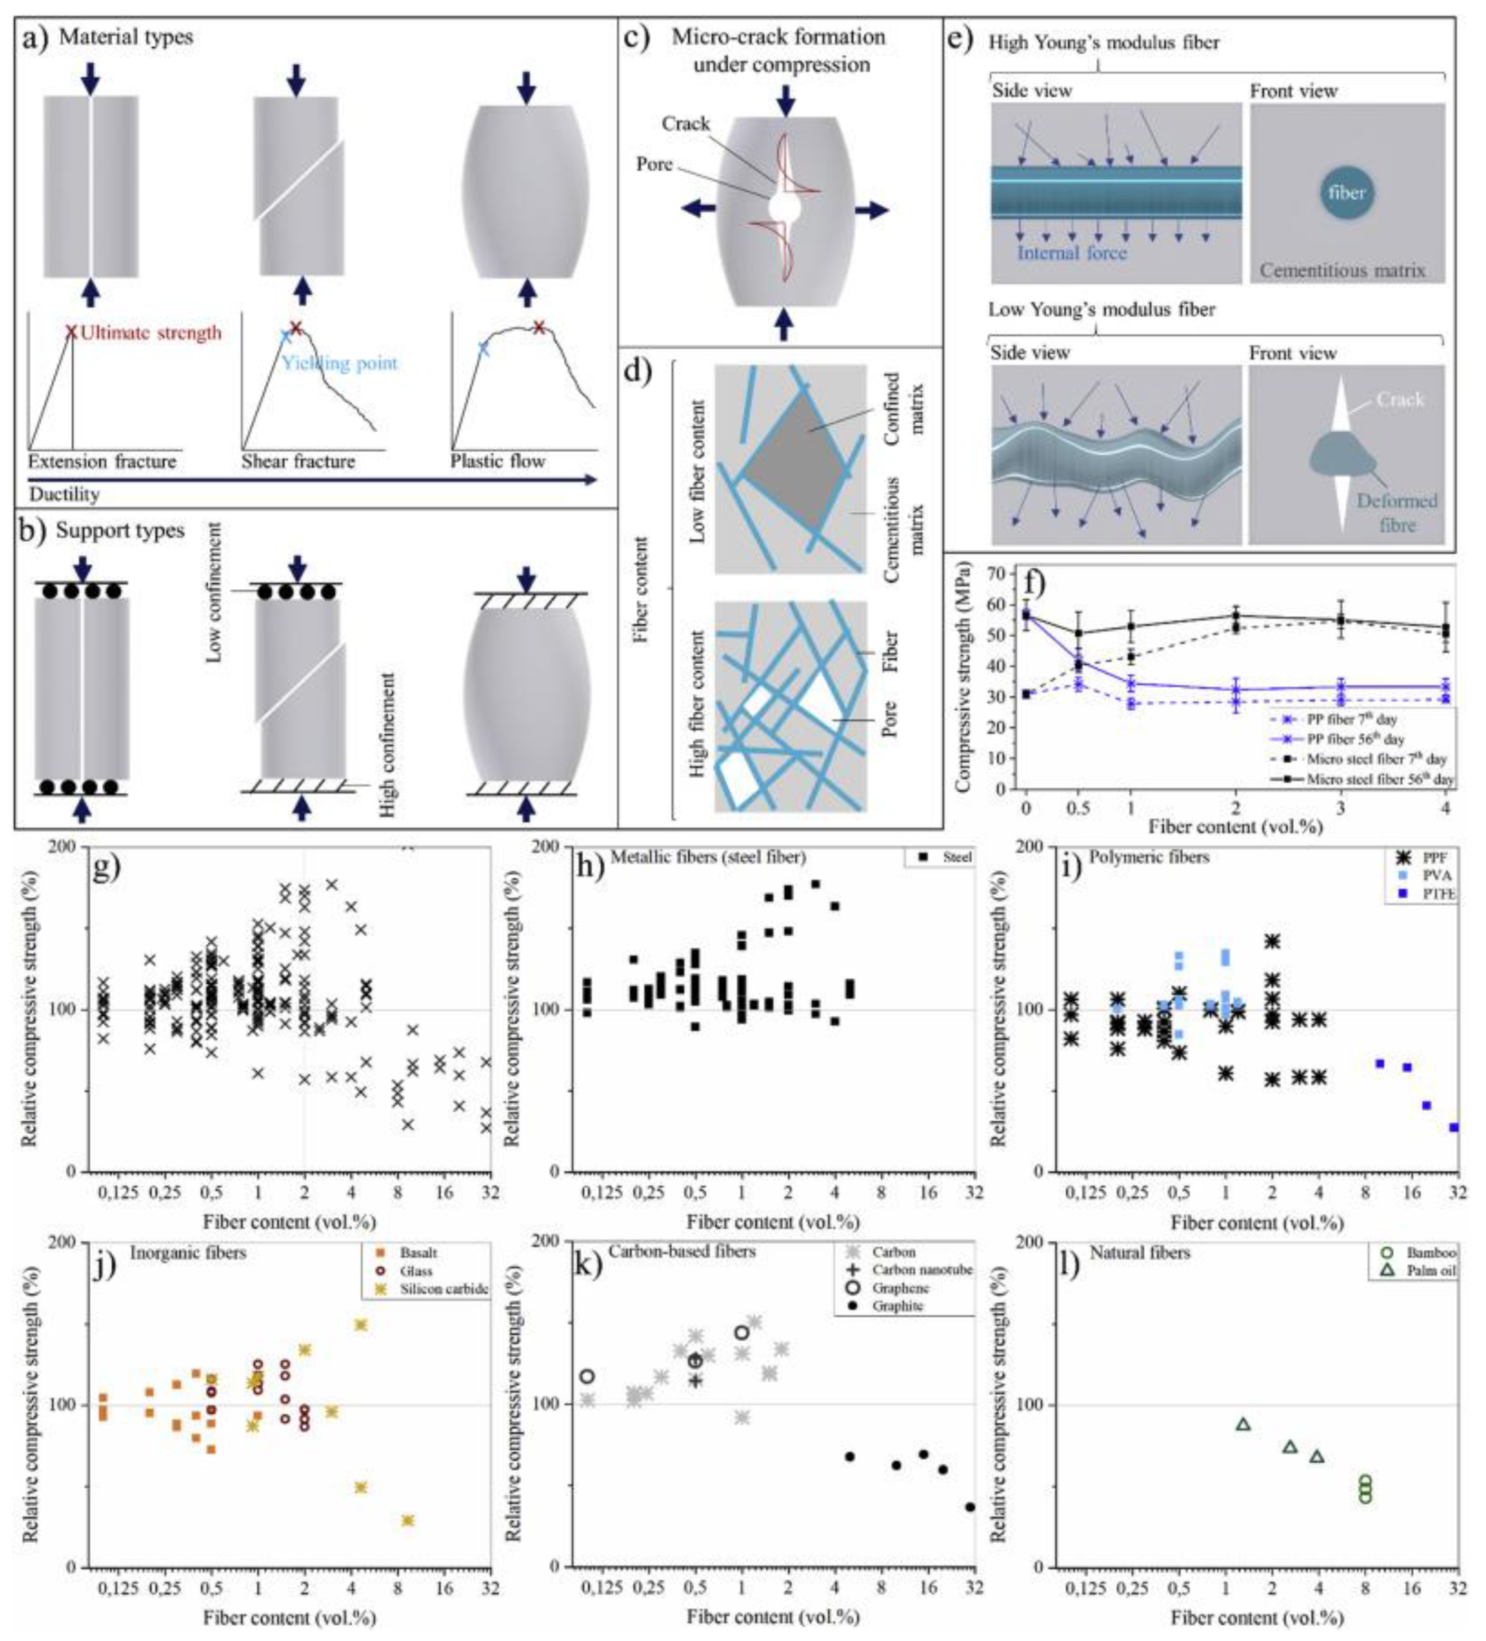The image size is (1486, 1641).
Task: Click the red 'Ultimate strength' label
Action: [x=151, y=333]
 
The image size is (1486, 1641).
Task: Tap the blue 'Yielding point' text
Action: [x=340, y=363]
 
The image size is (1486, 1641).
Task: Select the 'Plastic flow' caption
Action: [x=497, y=462]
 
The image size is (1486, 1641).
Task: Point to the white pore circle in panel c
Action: [x=784, y=208]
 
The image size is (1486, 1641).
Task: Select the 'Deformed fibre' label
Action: [x=1396, y=513]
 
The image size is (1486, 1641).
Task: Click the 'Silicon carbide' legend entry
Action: [x=444, y=1288]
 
